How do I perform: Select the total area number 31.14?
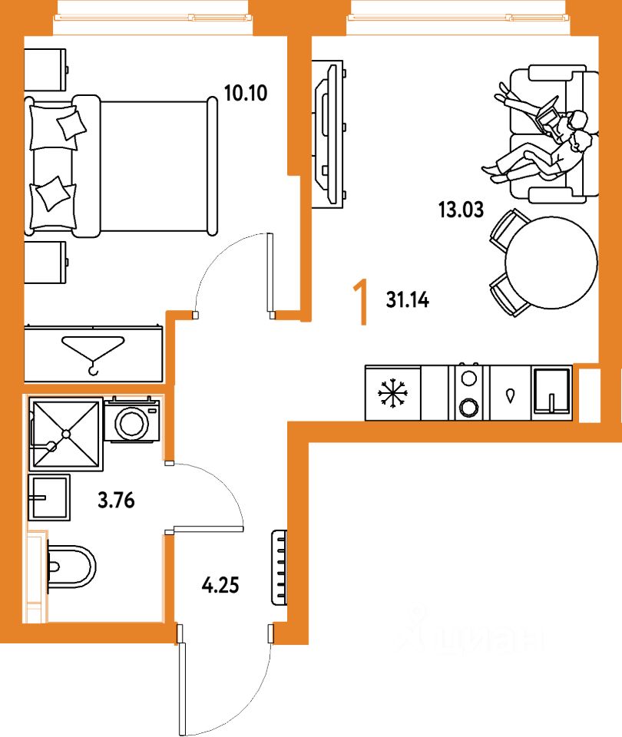click(x=407, y=300)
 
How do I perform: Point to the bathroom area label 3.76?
click(x=116, y=502)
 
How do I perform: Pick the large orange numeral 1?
click(x=358, y=302)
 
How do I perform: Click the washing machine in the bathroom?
click(x=131, y=419)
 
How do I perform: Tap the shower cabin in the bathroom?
click(x=65, y=434)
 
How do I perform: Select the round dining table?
click(x=551, y=262)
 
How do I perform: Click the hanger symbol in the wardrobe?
click(x=94, y=353)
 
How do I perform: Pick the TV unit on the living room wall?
click(x=328, y=134)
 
